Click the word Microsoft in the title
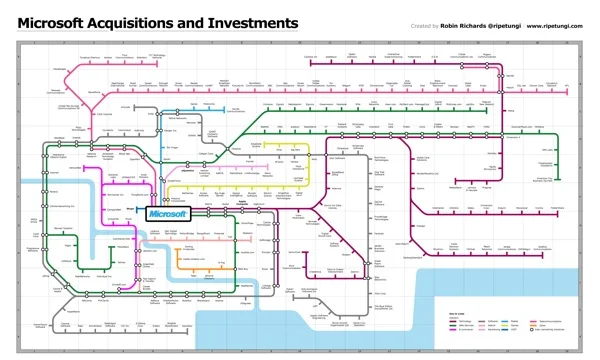tap(55, 22)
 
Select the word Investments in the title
tap(254, 22)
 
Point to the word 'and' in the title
tap(207, 22)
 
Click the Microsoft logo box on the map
tap(167, 213)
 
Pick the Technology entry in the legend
tap(465, 321)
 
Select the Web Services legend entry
tap(465, 326)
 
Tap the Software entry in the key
tap(493, 321)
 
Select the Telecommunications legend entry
tap(547, 321)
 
